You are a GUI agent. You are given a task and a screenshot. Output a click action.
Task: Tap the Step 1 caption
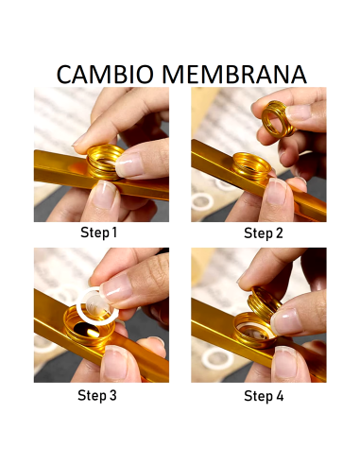click(98, 232)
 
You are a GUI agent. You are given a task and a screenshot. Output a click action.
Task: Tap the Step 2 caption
click(264, 233)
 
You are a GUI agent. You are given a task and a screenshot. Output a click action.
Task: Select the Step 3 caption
click(97, 395)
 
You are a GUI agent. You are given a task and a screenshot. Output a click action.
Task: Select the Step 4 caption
click(264, 396)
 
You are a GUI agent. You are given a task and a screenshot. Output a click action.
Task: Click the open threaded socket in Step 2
click(252, 165)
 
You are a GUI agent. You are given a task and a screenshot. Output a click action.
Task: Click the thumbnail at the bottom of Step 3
click(116, 362)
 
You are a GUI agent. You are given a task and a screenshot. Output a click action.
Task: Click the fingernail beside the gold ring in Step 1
click(129, 164)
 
